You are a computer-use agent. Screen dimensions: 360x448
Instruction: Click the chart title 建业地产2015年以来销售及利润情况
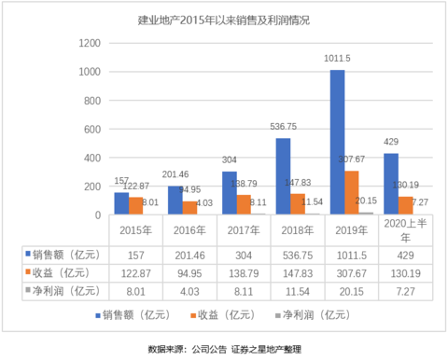[x=223, y=20]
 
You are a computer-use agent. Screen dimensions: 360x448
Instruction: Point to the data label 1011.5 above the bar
[x=337, y=59]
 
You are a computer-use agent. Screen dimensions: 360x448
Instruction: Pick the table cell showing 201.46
[x=189, y=255]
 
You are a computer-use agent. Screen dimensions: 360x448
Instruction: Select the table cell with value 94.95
[x=189, y=272]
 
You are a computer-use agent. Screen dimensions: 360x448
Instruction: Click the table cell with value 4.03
[x=189, y=290]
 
